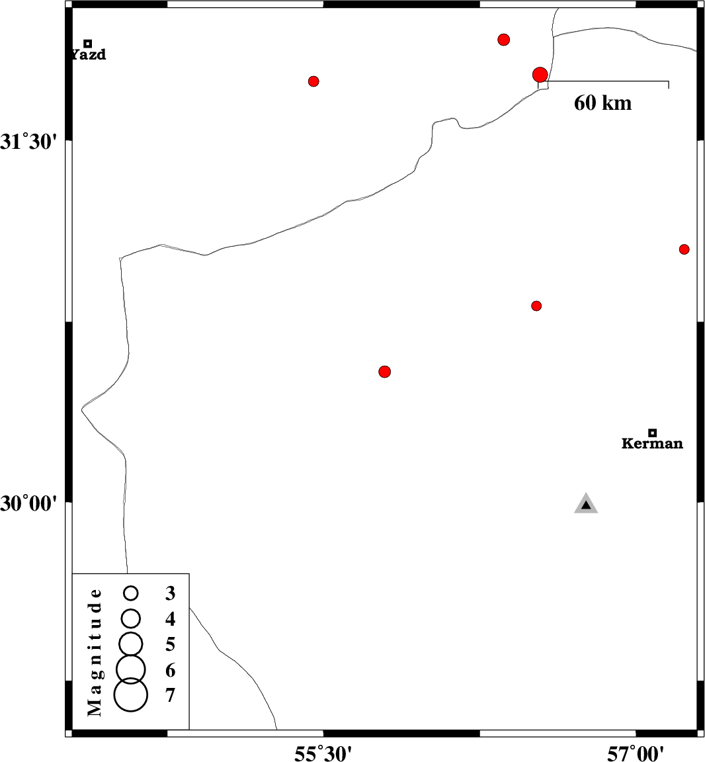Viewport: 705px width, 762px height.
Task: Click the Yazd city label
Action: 89,55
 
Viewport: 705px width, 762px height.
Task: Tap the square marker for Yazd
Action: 87,44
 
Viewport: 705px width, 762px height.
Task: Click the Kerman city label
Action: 652,444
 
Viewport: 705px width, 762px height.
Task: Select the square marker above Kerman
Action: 652,433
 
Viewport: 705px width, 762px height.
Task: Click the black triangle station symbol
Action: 586,505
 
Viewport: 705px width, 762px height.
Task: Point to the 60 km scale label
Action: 602,103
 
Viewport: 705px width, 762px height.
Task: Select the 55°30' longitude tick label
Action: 323,753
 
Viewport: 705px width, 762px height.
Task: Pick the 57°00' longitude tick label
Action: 636,753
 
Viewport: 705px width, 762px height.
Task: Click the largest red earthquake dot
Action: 540,75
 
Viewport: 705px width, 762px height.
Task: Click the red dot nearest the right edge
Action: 684,249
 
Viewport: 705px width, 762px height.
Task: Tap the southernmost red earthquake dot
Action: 385,372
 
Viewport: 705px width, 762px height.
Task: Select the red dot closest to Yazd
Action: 313,81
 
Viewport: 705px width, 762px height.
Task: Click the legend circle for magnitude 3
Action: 131,593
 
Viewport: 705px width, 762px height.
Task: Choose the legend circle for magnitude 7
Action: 131,695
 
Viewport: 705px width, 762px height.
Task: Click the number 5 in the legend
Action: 171,644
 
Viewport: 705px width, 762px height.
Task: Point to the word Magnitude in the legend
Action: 95,652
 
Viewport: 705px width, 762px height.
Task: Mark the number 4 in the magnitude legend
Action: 171,619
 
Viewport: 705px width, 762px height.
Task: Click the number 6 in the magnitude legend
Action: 171,670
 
